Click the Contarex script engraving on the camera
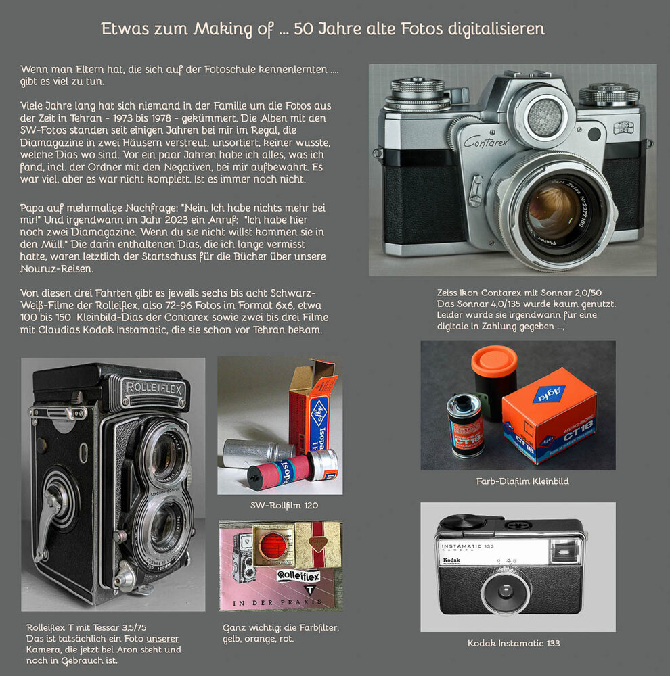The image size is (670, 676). click(486, 141)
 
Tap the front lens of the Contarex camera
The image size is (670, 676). click(554, 211)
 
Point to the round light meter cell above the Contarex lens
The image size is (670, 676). click(545, 117)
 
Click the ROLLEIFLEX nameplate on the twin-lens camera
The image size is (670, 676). click(154, 389)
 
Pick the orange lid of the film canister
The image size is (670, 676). click(494, 360)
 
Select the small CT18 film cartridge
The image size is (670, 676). click(466, 425)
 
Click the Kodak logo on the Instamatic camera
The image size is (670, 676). click(451, 560)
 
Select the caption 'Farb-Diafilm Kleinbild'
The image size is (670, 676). click(522, 481)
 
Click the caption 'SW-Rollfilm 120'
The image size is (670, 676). click(284, 505)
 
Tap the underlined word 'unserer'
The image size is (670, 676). click(162, 639)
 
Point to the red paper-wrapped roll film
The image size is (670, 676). click(280, 470)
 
